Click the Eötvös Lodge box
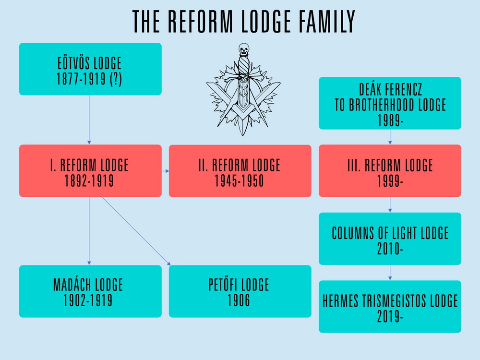click(x=90, y=69)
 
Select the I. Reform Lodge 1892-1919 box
click(x=90, y=171)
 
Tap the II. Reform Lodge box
click(x=240, y=171)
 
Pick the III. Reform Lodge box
click(x=390, y=171)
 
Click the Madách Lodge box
click(x=90, y=291)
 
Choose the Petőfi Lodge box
click(x=240, y=291)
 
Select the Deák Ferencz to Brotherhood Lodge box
click(x=390, y=103)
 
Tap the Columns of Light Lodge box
click(x=390, y=239)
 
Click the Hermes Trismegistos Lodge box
click(x=390, y=307)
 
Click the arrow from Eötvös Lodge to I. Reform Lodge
click(x=89, y=120)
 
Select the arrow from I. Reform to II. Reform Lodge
click(x=165, y=171)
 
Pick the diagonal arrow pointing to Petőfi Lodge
click(x=136, y=230)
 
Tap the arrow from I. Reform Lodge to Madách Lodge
click(x=89, y=231)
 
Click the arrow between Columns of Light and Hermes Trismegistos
click(x=390, y=273)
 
